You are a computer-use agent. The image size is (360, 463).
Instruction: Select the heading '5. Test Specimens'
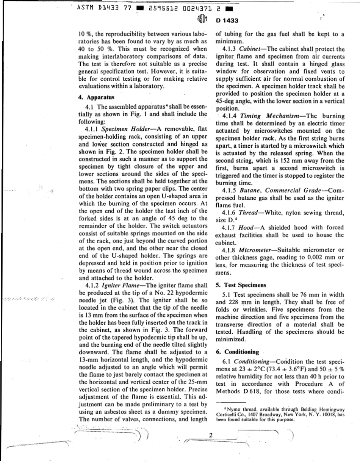tap(236, 285)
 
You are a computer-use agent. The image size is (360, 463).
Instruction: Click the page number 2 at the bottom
tap(211, 435)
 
